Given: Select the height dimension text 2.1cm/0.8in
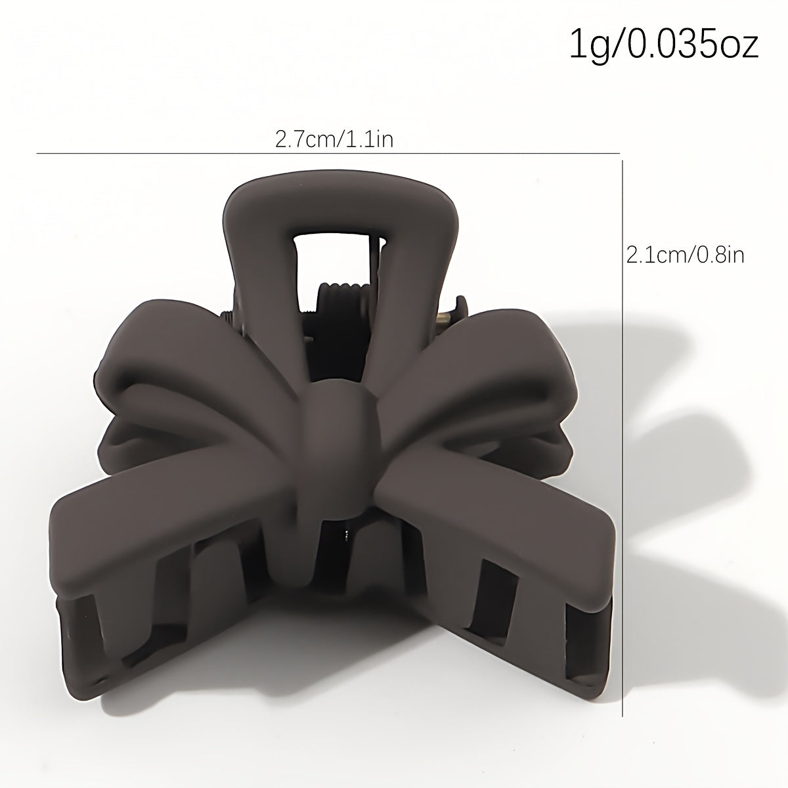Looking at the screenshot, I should coord(686,254).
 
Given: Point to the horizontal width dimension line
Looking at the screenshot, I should coord(328,154).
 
